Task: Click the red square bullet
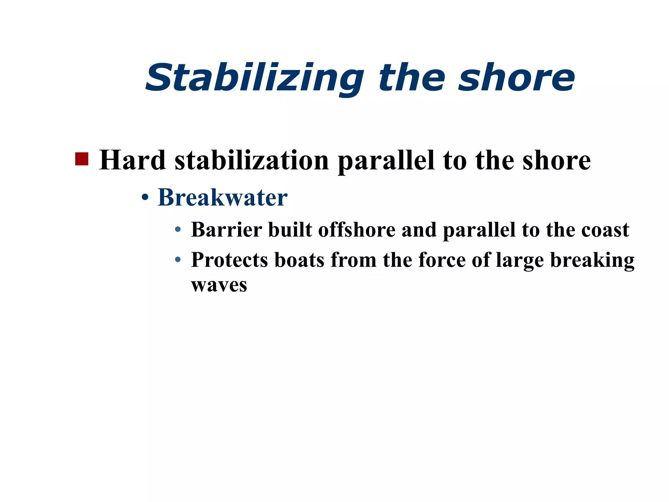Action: pyautogui.click(x=82, y=159)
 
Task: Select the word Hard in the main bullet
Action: pyautogui.click(x=132, y=160)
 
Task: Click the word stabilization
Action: pyautogui.click(x=252, y=160)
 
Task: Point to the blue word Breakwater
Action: pyautogui.click(x=222, y=197)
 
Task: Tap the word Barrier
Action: pyautogui.click(x=227, y=229)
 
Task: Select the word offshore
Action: pyautogui.click(x=357, y=229)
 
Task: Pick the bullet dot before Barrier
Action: pyautogui.click(x=178, y=230)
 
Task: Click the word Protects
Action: pyautogui.click(x=230, y=260)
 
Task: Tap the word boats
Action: pyautogui.click(x=300, y=260)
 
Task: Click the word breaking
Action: pyautogui.click(x=592, y=261)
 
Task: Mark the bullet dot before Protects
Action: pyautogui.click(x=178, y=260)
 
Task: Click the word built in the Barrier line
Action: pyautogui.click(x=290, y=229)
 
